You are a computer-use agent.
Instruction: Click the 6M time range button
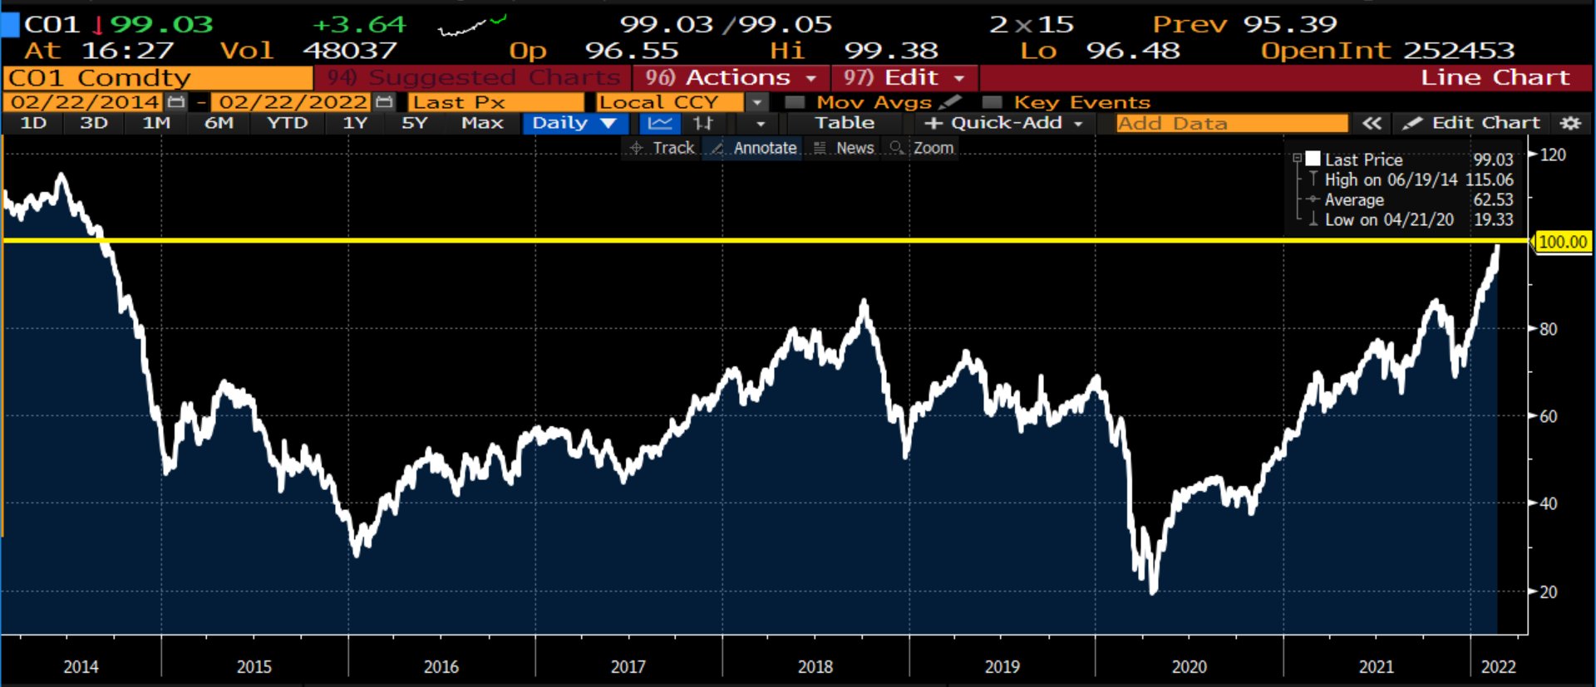pos(219,123)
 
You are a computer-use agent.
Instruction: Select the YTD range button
pos(287,123)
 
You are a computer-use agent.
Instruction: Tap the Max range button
pos(482,123)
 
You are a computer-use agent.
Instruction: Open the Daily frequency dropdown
pos(574,123)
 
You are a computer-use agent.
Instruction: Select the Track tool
pos(663,148)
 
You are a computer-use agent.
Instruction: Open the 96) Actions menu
pos(731,78)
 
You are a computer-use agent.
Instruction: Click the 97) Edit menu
pos(904,78)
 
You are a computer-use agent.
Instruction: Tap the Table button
pos(844,123)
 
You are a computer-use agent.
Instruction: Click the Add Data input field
pos(1230,124)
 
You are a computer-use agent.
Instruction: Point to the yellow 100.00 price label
pos(1563,242)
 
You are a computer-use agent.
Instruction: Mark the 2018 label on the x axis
pos(815,666)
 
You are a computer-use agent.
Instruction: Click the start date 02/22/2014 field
pos(86,102)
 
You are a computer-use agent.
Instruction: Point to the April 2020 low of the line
pos(1153,592)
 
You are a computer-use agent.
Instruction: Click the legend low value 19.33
pos(1493,220)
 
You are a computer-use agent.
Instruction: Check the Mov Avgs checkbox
pos(795,102)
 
